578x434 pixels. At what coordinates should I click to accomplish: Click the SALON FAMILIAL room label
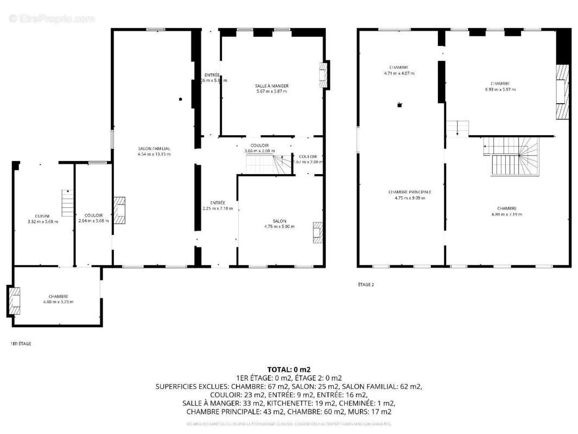click(154, 148)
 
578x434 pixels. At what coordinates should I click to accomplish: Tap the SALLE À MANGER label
click(271, 86)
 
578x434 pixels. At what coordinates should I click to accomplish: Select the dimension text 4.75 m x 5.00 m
click(279, 226)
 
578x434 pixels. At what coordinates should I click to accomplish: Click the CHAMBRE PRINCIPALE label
click(410, 192)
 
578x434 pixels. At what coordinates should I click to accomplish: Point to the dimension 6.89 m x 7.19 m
click(506, 214)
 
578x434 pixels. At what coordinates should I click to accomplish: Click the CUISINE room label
click(42, 215)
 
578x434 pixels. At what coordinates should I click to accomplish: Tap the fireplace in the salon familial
click(119, 210)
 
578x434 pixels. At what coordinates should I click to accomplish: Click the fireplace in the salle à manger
click(324, 75)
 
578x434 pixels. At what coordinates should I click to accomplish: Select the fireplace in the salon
click(317, 232)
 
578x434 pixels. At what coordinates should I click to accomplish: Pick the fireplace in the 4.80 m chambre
click(14, 301)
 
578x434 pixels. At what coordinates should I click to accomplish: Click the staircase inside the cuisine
click(67, 202)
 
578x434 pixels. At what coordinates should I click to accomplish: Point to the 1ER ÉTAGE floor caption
click(21, 343)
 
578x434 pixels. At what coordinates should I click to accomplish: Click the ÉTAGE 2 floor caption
click(366, 284)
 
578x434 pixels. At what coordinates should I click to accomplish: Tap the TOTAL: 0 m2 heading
click(289, 369)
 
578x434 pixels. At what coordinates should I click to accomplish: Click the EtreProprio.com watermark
click(52, 18)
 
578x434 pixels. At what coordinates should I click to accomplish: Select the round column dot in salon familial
click(181, 99)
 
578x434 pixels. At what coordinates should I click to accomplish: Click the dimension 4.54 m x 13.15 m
click(154, 154)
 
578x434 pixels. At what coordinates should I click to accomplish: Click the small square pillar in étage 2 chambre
click(399, 105)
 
